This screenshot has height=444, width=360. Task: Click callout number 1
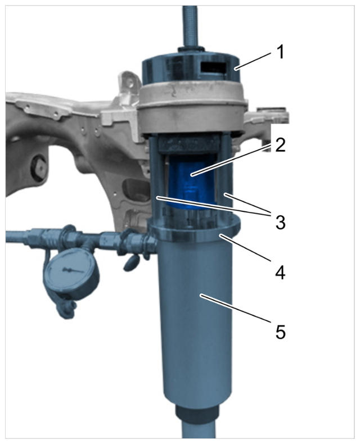[x=280, y=52]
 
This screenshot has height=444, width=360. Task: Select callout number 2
[x=280, y=145]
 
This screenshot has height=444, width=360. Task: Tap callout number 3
[x=280, y=223]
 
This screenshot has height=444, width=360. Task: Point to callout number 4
[x=280, y=273]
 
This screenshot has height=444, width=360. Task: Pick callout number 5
[x=280, y=332]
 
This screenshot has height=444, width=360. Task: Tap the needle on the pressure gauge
[x=73, y=270]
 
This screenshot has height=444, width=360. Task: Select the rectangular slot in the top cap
[x=214, y=67]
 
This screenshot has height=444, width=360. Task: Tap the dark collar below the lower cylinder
[x=196, y=414]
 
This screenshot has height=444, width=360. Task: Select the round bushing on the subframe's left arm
[x=39, y=167]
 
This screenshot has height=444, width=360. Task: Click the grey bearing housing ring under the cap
[x=191, y=110]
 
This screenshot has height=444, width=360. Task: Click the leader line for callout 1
[x=254, y=60]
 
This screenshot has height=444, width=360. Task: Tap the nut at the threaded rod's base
[x=191, y=50]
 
